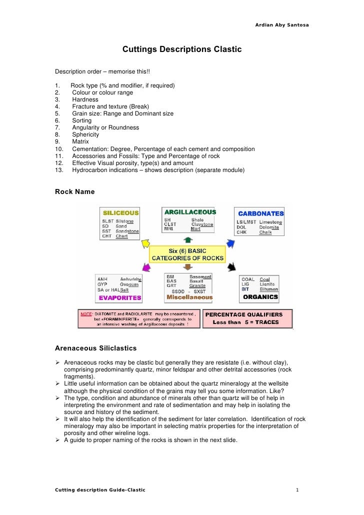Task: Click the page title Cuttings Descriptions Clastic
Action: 182,49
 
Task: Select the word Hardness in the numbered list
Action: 85,99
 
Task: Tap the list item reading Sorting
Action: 82,120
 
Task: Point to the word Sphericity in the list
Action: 85,134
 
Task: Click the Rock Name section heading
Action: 74,191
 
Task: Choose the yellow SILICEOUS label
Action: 120,212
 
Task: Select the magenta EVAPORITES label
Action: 119,297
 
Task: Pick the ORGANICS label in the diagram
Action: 260,297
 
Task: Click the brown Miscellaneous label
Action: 189,297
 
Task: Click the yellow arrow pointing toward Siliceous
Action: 145,243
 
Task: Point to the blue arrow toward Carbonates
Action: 230,243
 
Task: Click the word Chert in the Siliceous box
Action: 122,236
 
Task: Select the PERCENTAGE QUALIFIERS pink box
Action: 247,318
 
